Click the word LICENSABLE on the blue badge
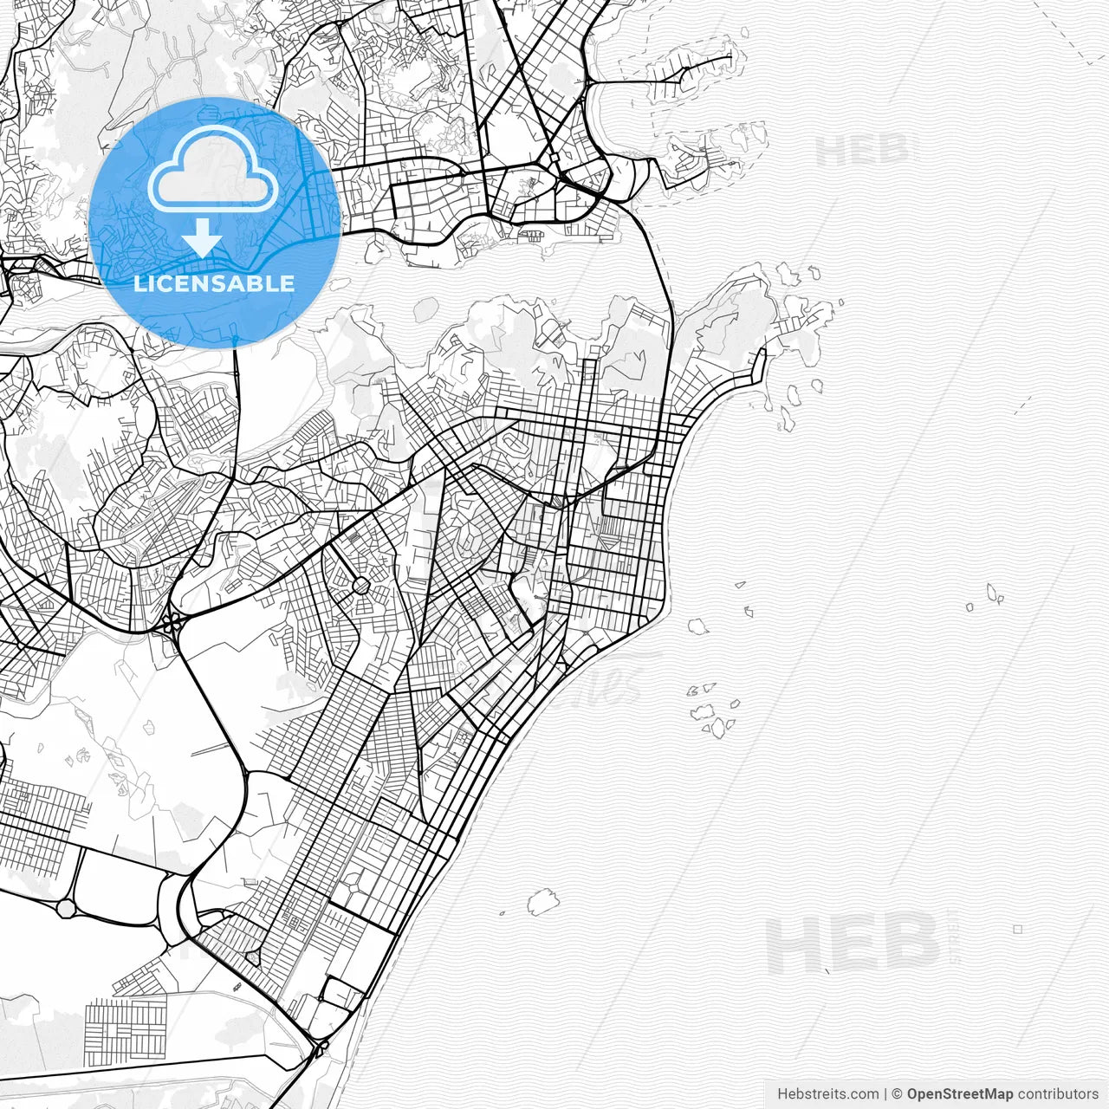[214, 283]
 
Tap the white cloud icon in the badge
[213, 170]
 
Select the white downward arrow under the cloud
[202, 237]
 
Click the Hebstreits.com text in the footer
[827, 1094]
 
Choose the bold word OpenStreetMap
[960, 1094]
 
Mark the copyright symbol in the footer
[898, 1094]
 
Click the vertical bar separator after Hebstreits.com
[885, 1094]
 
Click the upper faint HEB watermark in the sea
[863, 151]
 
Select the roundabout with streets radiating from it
[361, 586]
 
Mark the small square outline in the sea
[1017, 929]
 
